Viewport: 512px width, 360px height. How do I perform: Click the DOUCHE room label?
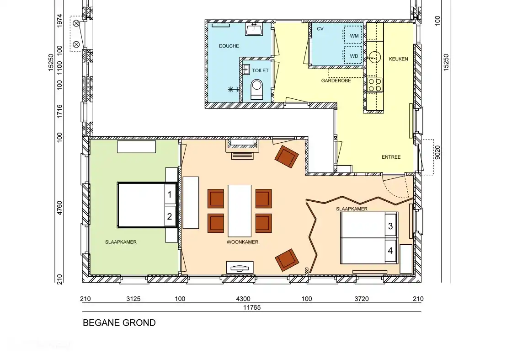(229, 46)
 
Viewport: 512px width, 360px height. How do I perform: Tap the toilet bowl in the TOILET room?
(257, 88)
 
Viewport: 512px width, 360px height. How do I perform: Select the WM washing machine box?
(353, 36)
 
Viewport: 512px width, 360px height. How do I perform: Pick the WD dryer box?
(353, 56)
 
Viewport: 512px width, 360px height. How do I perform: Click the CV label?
(320, 29)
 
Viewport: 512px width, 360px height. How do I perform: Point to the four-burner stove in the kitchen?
(375, 84)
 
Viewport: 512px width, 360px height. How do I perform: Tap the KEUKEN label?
(398, 59)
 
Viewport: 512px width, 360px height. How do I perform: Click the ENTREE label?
(391, 157)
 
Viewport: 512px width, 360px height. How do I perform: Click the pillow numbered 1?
(170, 194)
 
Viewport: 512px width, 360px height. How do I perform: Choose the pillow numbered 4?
(390, 251)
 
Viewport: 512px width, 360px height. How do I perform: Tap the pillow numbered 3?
(390, 226)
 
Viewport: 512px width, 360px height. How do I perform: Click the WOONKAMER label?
(242, 242)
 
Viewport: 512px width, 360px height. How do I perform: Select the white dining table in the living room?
(240, 210)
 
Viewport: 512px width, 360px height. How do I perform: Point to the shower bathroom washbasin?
(254, 30)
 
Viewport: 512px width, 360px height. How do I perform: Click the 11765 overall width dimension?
(251, 307)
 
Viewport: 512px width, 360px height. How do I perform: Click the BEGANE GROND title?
(119, 323)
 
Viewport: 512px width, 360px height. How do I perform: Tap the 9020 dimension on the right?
(437, 152)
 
